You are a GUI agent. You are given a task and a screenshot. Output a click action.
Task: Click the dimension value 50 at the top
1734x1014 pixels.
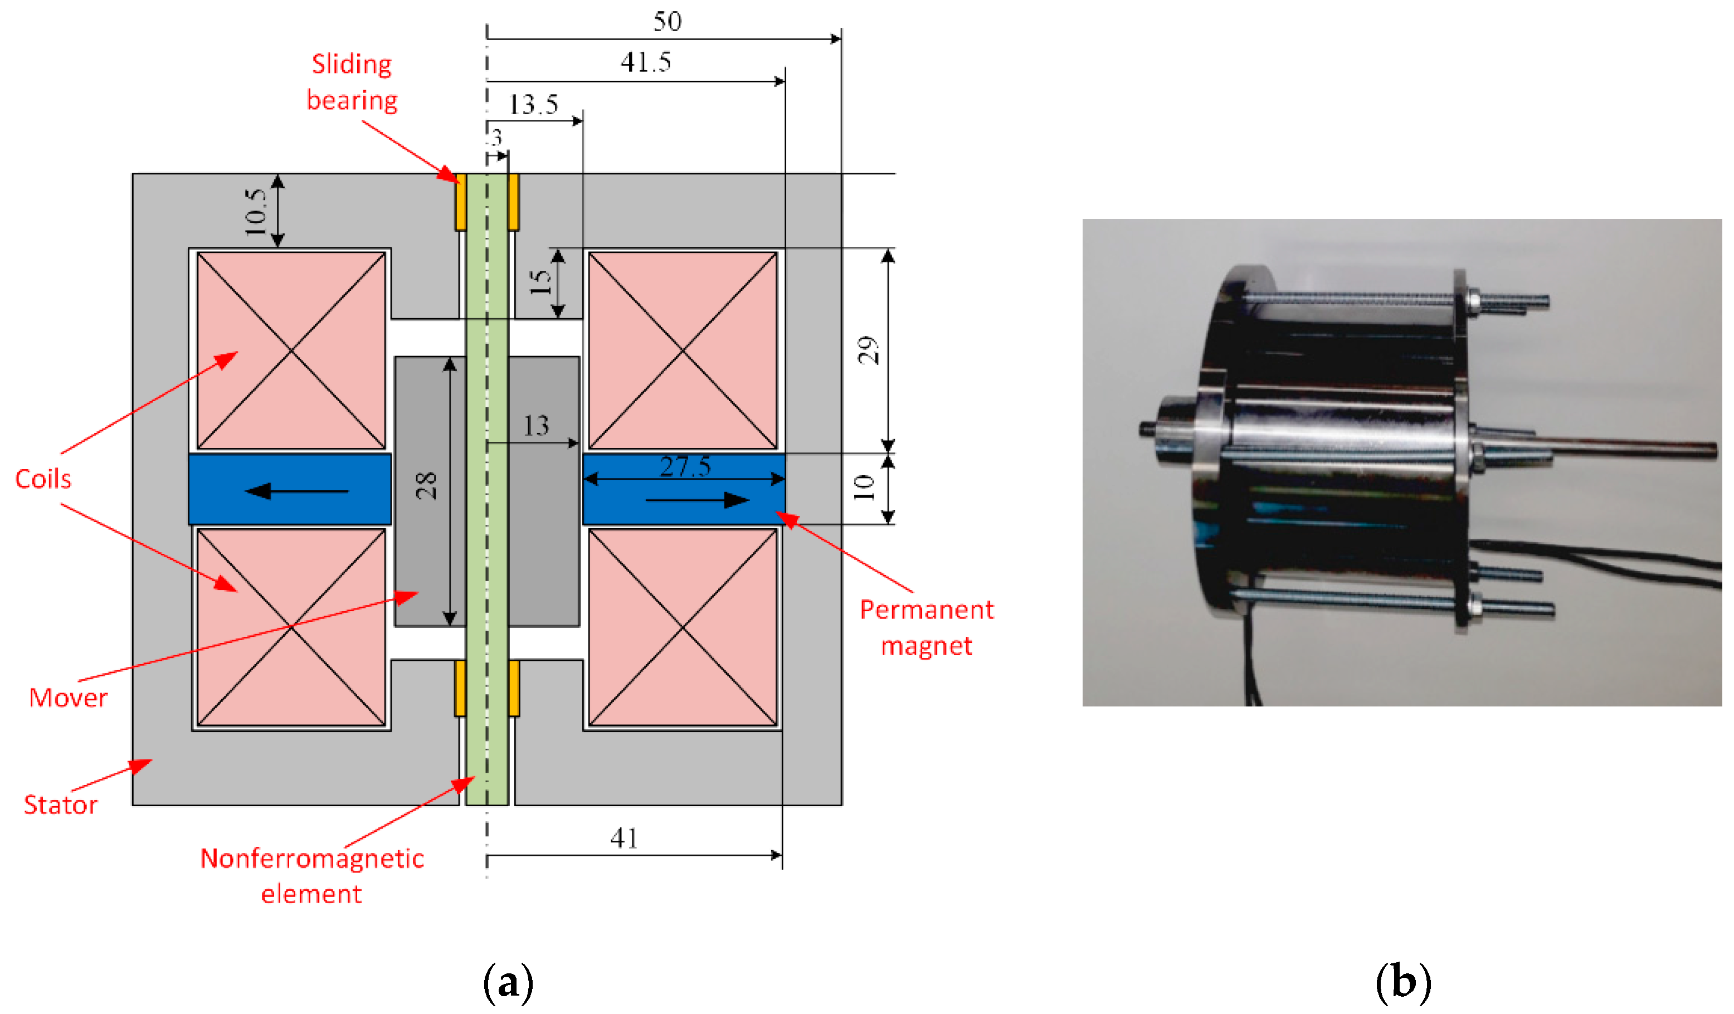click(x=667, y=21)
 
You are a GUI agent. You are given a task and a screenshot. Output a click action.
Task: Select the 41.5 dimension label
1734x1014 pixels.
click(x=645, y=62)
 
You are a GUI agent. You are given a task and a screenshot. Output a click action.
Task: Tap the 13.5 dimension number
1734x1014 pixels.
click(x=533, y=105)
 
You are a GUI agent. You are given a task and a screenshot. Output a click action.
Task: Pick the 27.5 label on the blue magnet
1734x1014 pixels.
click(x=685, y=467)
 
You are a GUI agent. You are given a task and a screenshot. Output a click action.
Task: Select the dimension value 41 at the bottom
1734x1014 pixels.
click(x=624, y=838)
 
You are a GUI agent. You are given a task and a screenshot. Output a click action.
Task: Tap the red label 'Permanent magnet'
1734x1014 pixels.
click(x=926, y=627)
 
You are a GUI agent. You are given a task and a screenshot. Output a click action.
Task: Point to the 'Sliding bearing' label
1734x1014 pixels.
click(x=352, y=82)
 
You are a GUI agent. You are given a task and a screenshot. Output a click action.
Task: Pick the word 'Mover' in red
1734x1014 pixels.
click(x=68, y=698)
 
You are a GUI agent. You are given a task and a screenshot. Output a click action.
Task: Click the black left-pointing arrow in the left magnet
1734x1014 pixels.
click(x=296, y=491)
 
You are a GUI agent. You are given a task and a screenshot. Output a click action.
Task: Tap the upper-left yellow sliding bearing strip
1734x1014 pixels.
click(x=460, y=202)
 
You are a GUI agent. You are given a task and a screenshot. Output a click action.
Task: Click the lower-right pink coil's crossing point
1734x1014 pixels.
click(x=683, y=627)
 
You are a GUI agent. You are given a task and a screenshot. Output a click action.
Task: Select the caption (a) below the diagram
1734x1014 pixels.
click(x=508, y=982)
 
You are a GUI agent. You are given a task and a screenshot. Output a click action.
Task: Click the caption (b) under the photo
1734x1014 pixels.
click(x=1403, y=982)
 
